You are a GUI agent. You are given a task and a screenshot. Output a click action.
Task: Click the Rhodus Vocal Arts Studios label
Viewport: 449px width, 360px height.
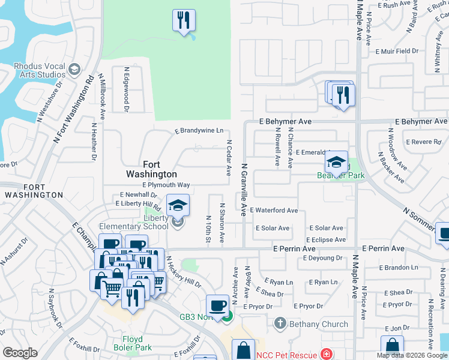tap(33, 70)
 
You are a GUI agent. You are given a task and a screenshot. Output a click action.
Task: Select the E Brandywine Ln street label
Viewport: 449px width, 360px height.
tap(199, 130)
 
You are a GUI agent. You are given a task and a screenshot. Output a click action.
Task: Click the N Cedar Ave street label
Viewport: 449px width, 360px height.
tap(229, 158)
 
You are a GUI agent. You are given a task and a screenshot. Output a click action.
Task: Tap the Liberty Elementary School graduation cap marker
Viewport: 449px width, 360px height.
tap(178, 206)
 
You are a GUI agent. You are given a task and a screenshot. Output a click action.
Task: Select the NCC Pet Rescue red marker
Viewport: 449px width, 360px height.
tap(326, 355)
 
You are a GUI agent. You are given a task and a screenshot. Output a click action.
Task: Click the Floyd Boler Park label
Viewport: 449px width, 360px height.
tap(133, 343)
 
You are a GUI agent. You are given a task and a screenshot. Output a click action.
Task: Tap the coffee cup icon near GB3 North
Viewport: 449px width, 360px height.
tap(217, 305)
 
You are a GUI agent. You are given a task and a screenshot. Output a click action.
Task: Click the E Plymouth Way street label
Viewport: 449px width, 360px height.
tap(166, 185)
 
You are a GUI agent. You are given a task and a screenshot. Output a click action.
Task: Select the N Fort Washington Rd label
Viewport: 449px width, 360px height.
tap(74, 108)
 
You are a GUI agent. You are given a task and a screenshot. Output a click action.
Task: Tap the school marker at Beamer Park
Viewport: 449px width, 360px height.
tap(337, 162)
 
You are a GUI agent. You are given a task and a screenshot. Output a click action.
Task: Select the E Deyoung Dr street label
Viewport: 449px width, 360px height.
tap(322, 258)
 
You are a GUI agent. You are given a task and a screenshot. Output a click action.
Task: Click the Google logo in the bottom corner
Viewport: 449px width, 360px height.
tap(20, 353)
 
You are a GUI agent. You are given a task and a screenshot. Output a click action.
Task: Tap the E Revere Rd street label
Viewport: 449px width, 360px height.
tap(423, 142)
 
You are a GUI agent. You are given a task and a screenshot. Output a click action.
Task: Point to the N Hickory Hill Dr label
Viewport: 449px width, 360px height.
tap(184, 273)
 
